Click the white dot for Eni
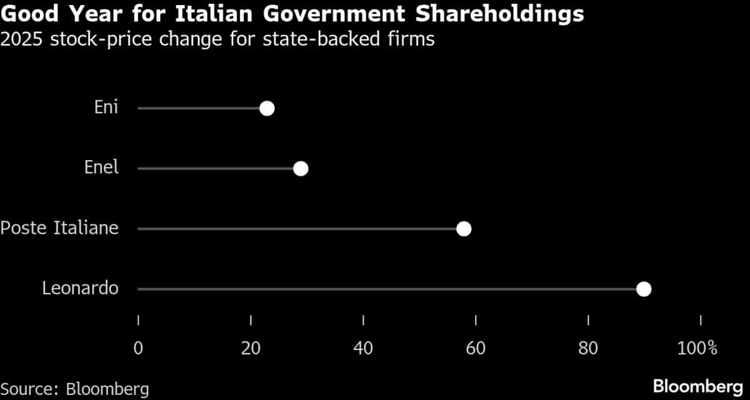click(x=267, y=109)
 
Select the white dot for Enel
click(x=301, y=169)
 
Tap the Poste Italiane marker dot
click(x=464, y=229)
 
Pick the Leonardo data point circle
click(x=644, y=289)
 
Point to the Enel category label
click(x=101, y=167)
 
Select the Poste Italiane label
click(x=59, y=228)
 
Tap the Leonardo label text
click(x=80, y=288)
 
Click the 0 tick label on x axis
click(x=138, y=348)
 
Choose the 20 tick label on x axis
click(x=251, y=348)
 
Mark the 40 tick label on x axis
click(x=363, y=348)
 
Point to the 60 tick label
click(x=476, y=348)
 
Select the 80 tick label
click(x=588, y=348)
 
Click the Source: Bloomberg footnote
click(x=74, y=389)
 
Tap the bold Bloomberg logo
click(x=697, y=386)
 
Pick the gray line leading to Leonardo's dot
click(x=387, y=289)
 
